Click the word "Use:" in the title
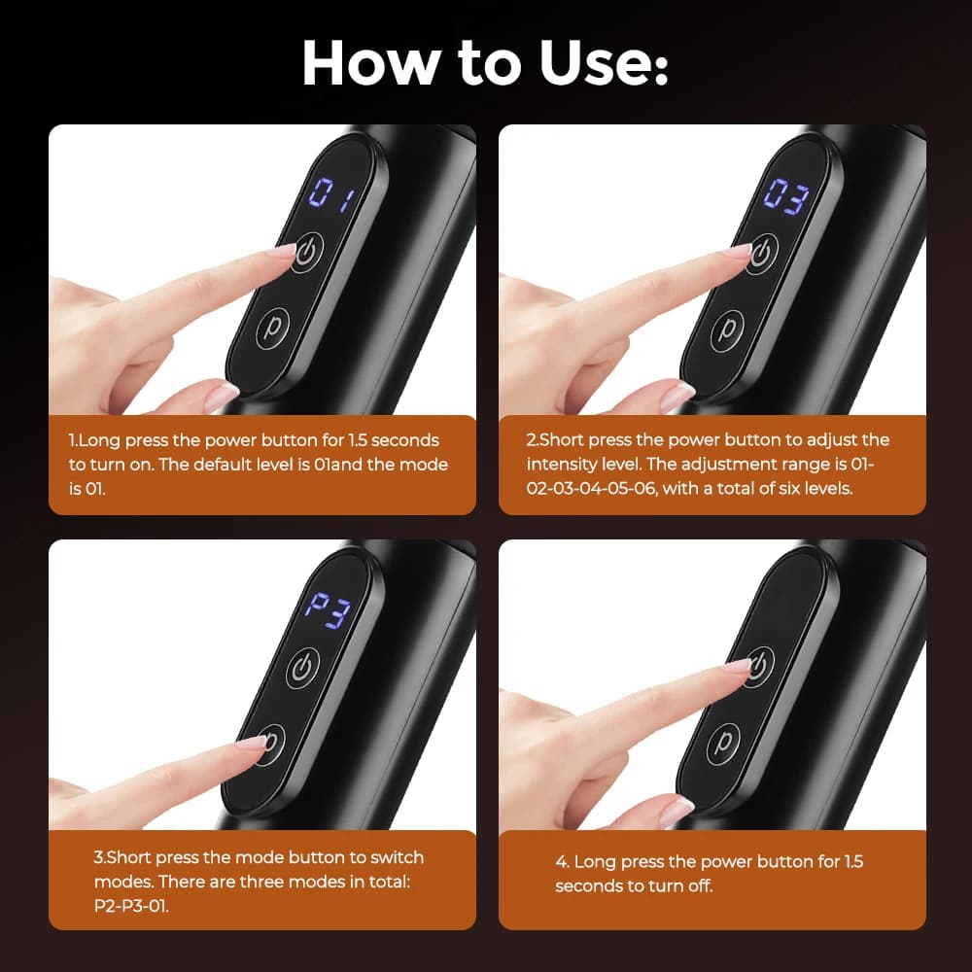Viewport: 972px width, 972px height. [x=604, y=63]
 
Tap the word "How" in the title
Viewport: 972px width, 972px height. [x=368, y=63]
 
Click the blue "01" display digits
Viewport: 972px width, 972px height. [x=330, y=194]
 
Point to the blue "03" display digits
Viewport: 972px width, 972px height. [x=785, y=196]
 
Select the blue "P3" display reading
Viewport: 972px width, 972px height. [x=328, y=610]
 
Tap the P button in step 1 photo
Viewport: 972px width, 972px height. [x=273, y=328]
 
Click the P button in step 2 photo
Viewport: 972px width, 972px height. [x=727, y=330]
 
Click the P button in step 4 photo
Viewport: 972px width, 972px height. [x=723, y=743]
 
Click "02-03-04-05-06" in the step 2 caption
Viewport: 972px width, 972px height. [x=591, y=489]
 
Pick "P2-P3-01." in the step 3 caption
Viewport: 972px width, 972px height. [x=131, y=906]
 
